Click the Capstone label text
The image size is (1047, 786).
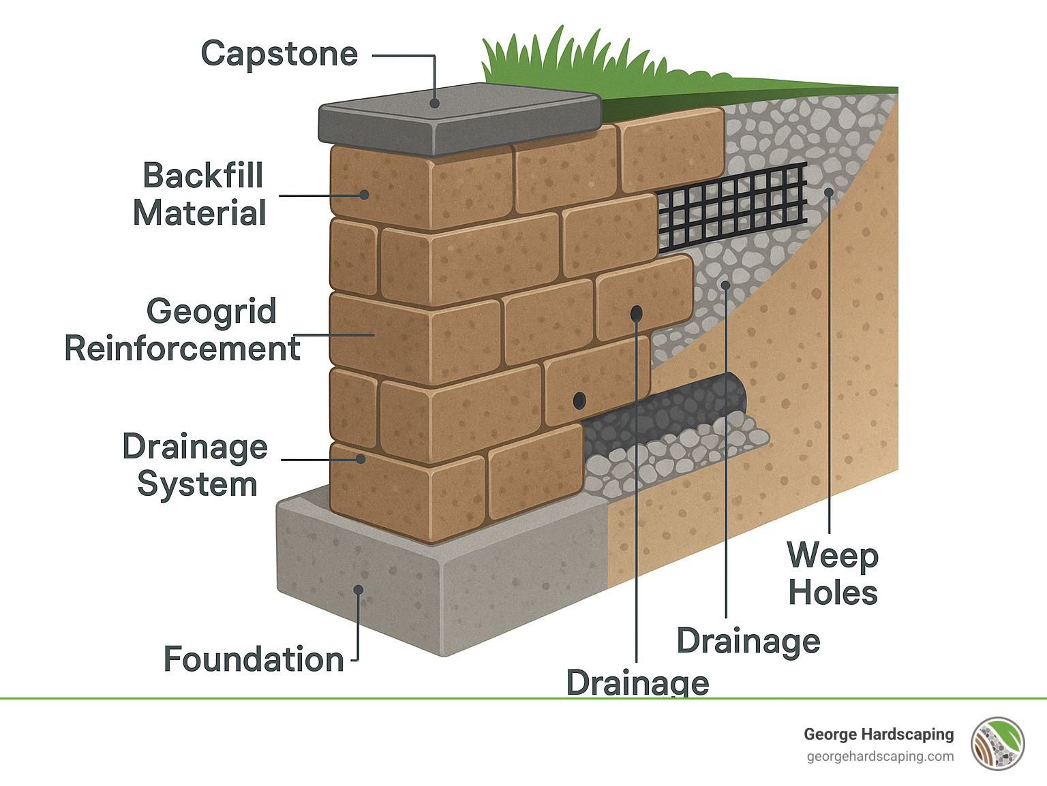click(x=279, y=54)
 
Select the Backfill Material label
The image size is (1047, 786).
click(x=200, y=194)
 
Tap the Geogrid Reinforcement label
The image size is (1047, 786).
click(x=182, y=330)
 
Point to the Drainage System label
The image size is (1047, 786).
click(x=196, y=465)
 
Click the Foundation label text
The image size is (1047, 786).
click(x=254, y=659)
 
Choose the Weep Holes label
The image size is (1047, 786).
click(x=832, y=574)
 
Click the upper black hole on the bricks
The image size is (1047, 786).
click(x=636, y=313)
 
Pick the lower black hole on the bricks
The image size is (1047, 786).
click(x=579, y=400)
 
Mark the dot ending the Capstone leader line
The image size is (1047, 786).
click(x=434, y=104)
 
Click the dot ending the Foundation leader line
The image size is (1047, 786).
click(x=358, y=589)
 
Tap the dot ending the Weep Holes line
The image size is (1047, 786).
click(x=829, y=192)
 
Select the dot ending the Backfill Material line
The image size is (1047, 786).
click(x=365, y=195)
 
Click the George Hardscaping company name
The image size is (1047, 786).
click(x=879, y=734)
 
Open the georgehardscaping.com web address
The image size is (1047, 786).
click(x=880, y=757)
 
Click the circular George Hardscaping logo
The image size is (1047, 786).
click(x=998, y=744)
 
